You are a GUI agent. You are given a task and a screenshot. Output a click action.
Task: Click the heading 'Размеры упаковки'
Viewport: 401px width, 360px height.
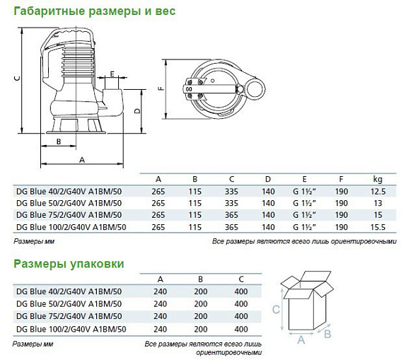point(69,264)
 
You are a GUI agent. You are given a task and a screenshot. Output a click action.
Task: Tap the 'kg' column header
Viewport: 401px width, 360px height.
point(376,179)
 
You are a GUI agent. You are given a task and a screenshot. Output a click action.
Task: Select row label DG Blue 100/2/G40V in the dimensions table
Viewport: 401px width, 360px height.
point(70,226)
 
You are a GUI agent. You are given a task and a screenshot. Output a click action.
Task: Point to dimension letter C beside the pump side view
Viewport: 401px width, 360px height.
point(16,79)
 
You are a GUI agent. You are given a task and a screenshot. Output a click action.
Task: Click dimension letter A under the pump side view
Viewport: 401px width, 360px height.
point(81,161)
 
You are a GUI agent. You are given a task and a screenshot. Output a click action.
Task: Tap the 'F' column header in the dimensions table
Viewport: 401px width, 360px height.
point(340,179)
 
